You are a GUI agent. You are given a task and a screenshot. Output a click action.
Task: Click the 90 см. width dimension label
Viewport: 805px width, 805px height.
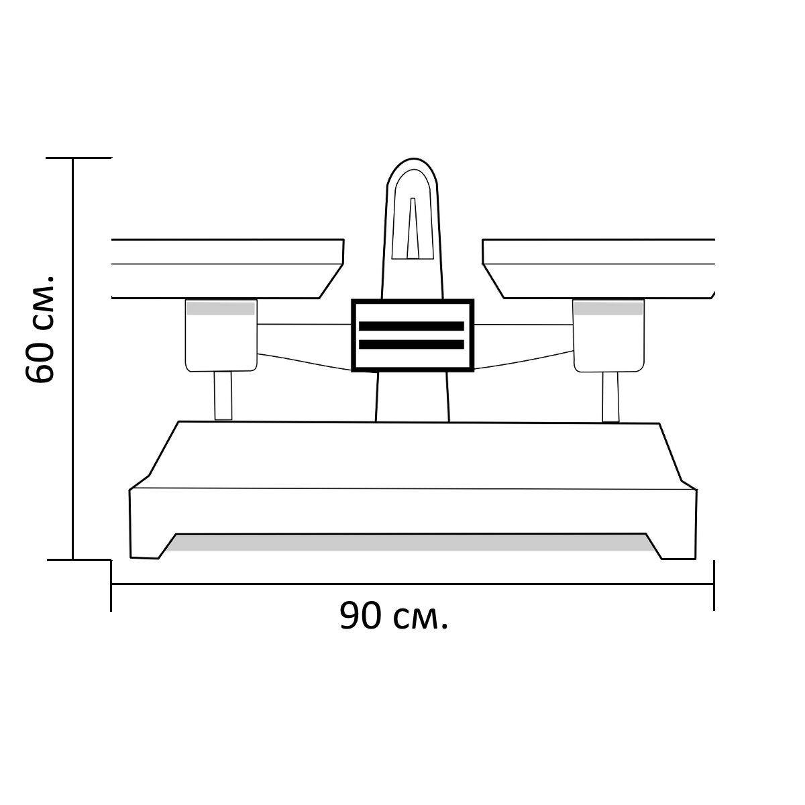394,616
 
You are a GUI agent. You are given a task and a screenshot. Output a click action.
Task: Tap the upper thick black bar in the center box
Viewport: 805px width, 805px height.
411,326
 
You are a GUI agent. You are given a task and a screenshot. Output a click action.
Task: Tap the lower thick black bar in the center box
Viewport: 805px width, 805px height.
411,344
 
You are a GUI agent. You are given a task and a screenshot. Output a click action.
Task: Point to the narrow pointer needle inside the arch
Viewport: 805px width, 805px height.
413,228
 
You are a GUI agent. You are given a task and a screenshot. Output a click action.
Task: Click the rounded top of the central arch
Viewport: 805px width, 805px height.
413,159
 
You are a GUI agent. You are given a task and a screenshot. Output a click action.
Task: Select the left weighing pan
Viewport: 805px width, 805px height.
227,268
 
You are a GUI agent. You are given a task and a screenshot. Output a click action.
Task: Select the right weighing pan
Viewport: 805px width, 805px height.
598,268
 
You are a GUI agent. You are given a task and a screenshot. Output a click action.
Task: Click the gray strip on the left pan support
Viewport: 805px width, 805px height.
221,309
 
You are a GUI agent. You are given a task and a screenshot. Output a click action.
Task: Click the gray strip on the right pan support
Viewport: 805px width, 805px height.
608,309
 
